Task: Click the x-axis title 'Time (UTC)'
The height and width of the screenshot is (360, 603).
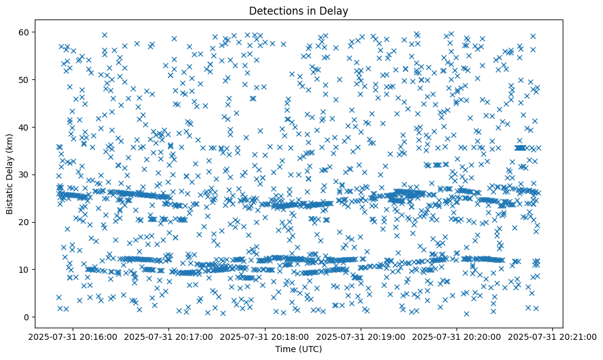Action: [x=299, y=350]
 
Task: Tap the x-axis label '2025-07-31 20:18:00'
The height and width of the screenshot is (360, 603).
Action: [x=265, y=336]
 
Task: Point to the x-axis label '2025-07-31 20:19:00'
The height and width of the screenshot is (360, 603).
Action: [x=361, y=336]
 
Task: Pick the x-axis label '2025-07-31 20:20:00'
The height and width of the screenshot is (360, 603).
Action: [x=457, y=336]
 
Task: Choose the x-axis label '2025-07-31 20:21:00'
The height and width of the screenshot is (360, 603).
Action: [x=553, y=336]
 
